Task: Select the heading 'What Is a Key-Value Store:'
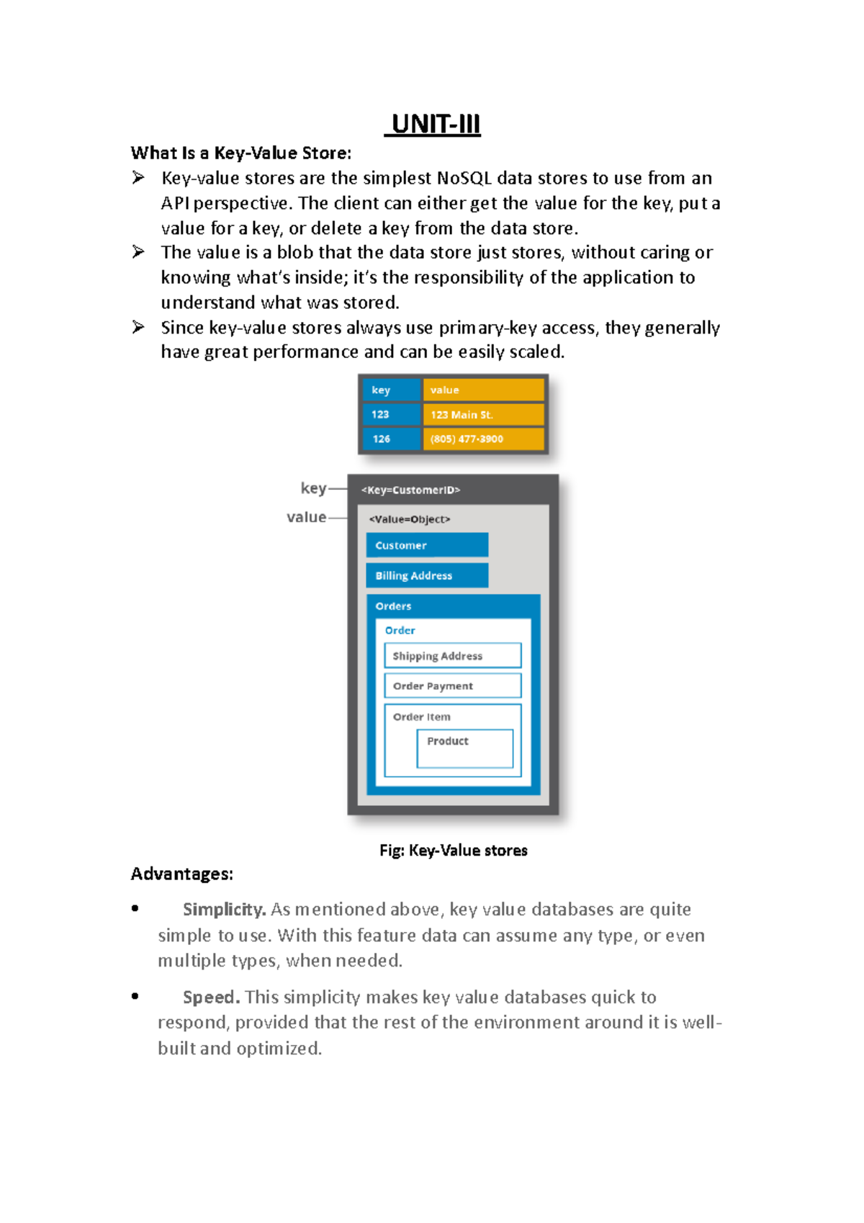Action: click(x=241, y=153)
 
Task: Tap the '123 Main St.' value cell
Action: click(x=483, y=415)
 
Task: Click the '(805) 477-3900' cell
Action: click(x=483, y=439)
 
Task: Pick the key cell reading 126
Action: click(x=390, y=439)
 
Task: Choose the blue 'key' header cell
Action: click(x=390, y=390)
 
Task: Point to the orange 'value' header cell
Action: click(x=483, y=390)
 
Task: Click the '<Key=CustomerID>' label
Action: click(x=410, y=490)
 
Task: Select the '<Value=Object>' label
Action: click(x=409, y=519)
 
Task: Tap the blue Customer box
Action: click(x=427, y=545)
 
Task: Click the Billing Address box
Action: click(x=427, y=575)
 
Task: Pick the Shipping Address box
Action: click(x=452, y=655)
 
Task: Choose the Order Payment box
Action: click(x=452, y=686)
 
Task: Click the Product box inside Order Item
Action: click(x=464, y=748)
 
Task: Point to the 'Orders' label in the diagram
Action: click(x=393, y=606)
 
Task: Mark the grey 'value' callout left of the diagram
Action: click(x=306, y=517)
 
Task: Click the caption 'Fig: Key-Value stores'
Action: click(x=453, y=851)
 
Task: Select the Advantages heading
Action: click(x=181, y=874)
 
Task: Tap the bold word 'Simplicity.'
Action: click(x=224, y=910)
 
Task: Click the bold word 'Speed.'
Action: click(x=211, y=998)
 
